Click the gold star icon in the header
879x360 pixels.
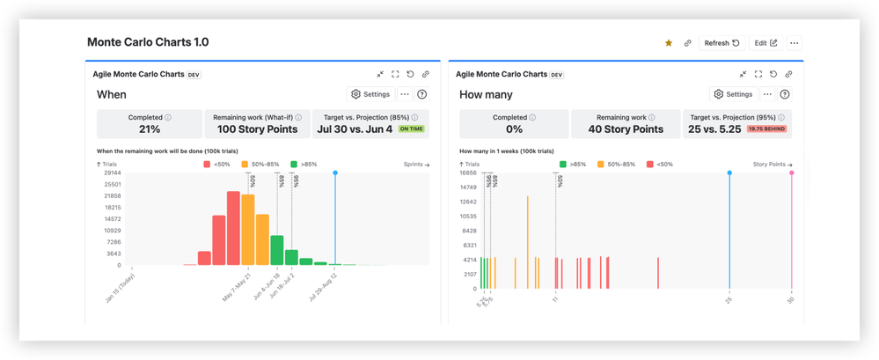pos(669,43)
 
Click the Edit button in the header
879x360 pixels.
pos(765,43)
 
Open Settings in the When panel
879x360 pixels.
pos(370,94)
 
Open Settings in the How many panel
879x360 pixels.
pos(732,94)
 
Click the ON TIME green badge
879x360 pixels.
pos(411,129)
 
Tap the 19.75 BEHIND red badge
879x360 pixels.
pos(766,129)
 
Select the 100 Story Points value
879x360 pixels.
pos(257,129)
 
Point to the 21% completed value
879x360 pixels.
pos(150,129)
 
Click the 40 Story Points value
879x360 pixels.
pos(625,129)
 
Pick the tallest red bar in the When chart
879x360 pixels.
pos(233,227)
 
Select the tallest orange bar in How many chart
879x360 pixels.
pos(527,241)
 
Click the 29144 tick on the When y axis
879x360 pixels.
pos(112,173)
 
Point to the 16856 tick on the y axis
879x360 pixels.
pos(467,173)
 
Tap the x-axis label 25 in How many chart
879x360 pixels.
pos(729,300)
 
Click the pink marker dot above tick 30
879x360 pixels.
pos(791,173)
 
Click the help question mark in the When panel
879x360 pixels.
pos(422,94)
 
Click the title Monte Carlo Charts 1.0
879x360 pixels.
pos(148,42)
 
